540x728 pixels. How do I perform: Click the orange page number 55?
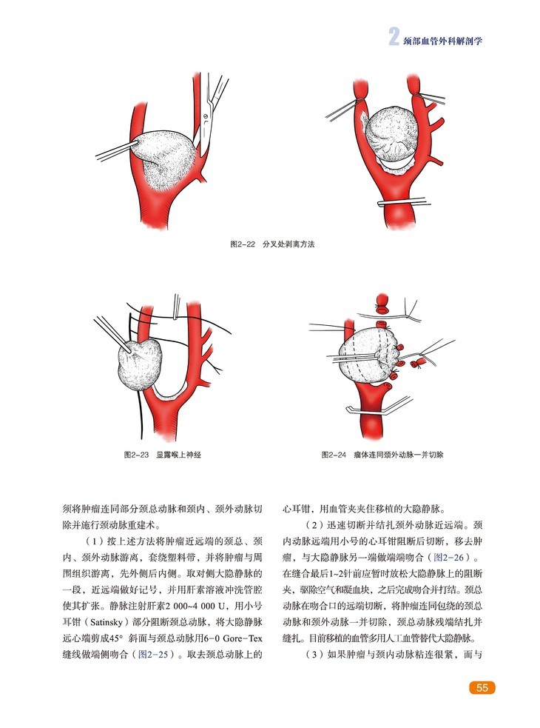click(x=482, y=688)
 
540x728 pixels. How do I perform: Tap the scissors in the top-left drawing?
click(x=214, y=100)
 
